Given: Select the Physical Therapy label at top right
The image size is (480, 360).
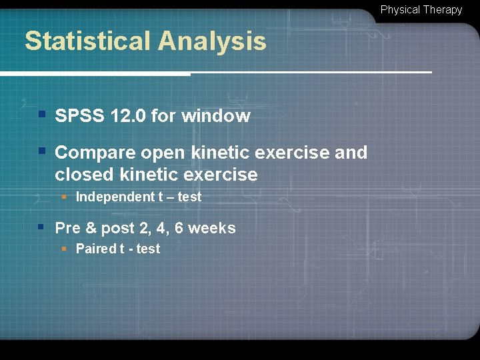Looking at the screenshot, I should coord(421,10).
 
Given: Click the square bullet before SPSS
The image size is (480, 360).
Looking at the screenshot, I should coord(41,115).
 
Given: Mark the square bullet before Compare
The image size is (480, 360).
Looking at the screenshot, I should coord(41,151).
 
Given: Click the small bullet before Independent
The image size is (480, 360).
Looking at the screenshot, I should coord(65,197).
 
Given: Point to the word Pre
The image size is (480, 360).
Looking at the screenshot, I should coord(67,228).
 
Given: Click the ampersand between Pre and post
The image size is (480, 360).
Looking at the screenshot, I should coord(90,228).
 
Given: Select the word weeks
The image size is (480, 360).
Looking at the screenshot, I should coord(212,228).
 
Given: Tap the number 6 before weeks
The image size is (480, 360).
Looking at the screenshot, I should coord(179,228).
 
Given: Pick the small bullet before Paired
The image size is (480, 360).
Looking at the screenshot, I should coord(65,249).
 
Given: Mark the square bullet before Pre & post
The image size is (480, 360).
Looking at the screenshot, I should coord(41,227).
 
